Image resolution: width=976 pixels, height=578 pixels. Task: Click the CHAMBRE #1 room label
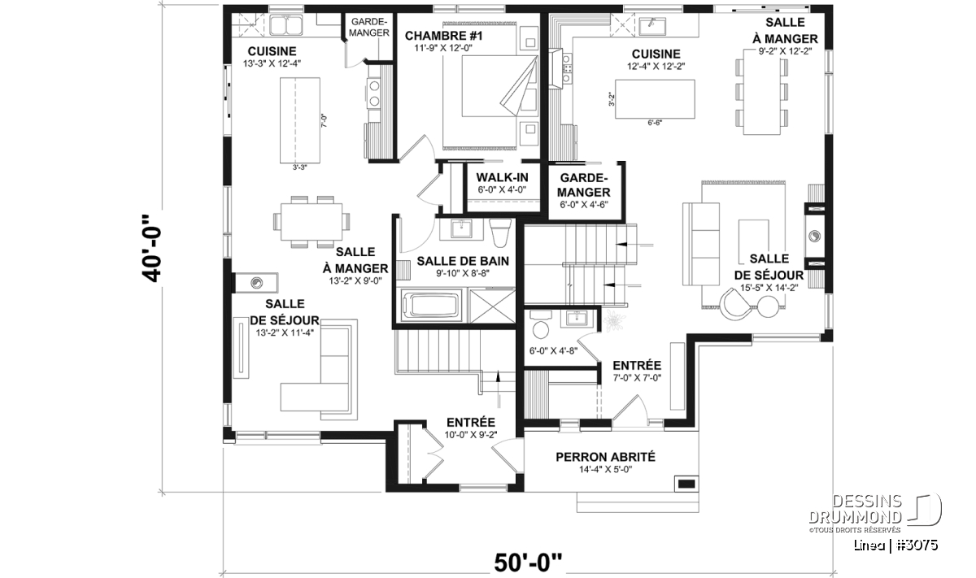pyautogui.click(x=443, y=36)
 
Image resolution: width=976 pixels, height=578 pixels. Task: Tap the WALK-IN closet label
pyautogui.click(x=502, y=177)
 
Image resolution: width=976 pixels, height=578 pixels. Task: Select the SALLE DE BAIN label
pyautogui.click(x=463, y=261)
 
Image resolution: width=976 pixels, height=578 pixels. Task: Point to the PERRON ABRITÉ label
pyautogui.click(x=605, y=457)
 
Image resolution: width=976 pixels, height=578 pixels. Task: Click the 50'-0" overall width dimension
pyautogui.click(x=528, y=563)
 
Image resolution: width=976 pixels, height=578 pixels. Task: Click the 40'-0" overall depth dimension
pyautogui.click(x=151, y=248)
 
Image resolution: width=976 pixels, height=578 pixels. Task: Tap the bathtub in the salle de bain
pyautogui.click(x=431, y=305)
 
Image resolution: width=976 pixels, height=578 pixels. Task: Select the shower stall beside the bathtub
pyautogui.click(x=492, y=306)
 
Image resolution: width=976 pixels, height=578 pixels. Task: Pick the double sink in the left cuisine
pyautogui.click(x=285, y=25)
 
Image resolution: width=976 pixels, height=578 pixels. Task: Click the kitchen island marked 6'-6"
pyautogui.click(x=655, y=99)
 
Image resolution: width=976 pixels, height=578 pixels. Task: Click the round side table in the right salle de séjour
pyautogui.click(x=768, y=306)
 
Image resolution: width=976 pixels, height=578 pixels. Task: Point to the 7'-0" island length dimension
pyautogui.click(x=324, y=120)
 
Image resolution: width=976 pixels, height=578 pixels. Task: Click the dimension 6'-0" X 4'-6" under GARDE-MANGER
pyautogui.click(x=584, y=205)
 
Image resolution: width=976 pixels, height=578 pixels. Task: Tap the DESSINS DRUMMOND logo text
pyautogui.click(x=855, y=509)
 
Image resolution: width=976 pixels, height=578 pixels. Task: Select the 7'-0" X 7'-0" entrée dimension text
pyautogui.click(x=637, y=378)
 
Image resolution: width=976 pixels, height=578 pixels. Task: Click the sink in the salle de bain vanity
pyautogui.click(x=461, y=228)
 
